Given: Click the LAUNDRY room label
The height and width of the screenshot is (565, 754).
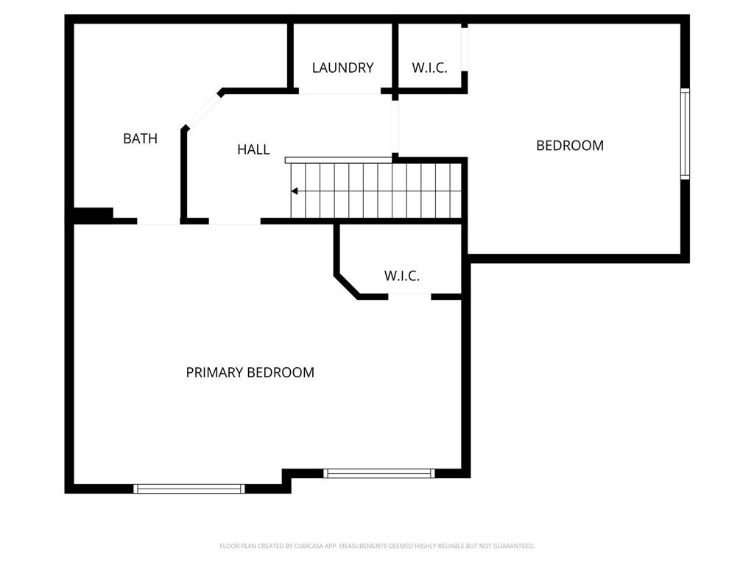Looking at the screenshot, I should click(x=342, y=68).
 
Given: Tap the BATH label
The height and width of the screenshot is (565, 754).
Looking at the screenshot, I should click(x=140, y=138).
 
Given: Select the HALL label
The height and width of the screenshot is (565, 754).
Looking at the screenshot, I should click(x=253, y=149).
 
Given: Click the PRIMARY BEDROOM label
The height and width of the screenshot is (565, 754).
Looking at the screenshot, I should click(x=250, y=372).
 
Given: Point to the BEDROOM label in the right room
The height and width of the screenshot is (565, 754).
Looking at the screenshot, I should click(x=569, y=146).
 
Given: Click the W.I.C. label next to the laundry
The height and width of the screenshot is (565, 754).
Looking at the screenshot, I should click(x=429, y=68).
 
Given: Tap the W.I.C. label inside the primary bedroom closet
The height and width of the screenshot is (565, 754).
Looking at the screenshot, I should click(x=401, y=276).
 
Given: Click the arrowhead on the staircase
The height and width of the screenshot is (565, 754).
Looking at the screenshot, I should click(x=295, y=191).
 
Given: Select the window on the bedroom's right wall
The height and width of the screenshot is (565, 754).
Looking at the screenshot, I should click(x=684, y=134).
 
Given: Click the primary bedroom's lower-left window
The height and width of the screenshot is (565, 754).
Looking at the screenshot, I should click(x=189, y=488).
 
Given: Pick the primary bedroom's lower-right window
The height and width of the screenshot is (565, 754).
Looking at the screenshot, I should click(x=379, y=473).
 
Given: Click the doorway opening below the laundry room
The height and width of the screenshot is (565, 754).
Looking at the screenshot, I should click(x=339, y=92).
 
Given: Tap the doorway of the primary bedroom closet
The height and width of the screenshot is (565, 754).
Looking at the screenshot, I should click(x=409, y=296).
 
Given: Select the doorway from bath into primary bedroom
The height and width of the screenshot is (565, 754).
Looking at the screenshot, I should click(x=158, y=221).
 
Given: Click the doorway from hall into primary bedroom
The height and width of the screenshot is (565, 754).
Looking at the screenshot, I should click(x=235, y=221).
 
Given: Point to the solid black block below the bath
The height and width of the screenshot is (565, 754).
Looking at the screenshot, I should click(x=93, y=214).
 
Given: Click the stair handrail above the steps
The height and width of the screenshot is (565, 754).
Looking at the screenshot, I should click(x=338, y=160).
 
